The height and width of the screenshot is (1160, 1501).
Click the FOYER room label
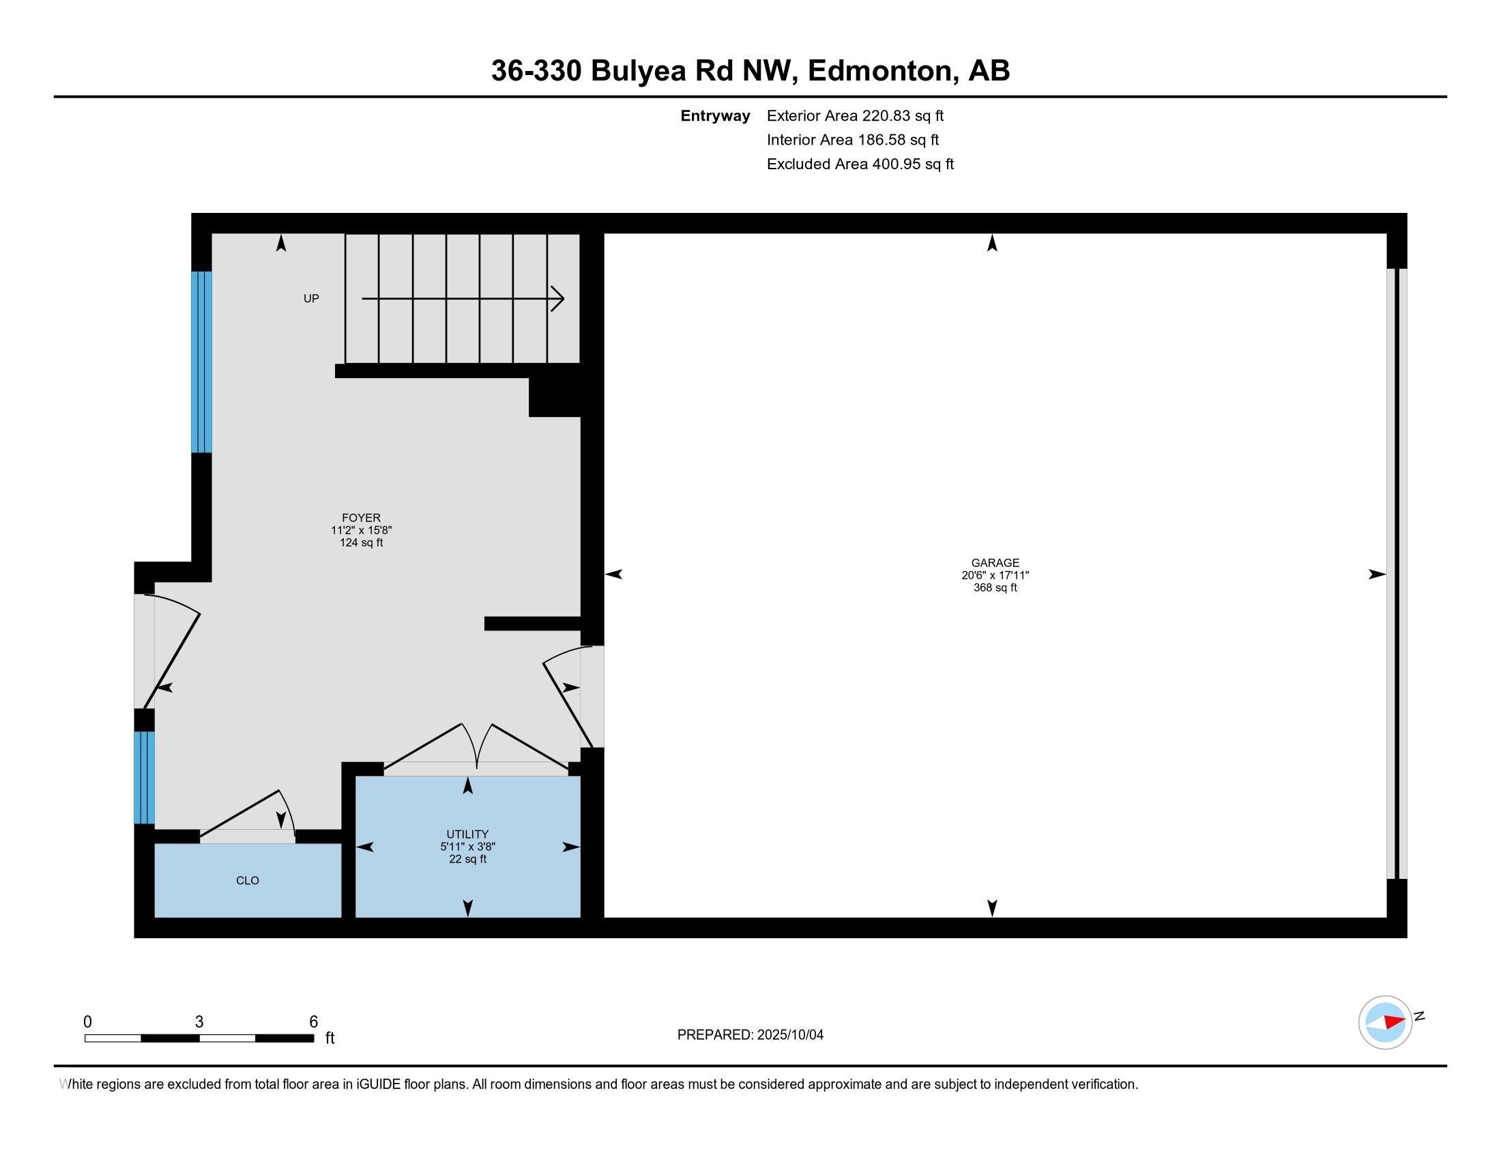(x=362, y=517)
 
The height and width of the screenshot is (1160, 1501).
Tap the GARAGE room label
(x=995, y=563)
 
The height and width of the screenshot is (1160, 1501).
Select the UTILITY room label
(x=467, y=835)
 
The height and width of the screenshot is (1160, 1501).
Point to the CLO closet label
(x=248, y=880)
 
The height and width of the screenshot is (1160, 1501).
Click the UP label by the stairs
(x=311, y=298)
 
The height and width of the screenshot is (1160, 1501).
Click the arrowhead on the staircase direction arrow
(x=558, y=299)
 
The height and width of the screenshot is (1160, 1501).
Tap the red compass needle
(x=1394, y=1021)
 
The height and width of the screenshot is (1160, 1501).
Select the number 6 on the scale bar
(x=313, y=1022)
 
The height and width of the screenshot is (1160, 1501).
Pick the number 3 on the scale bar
(x=199, y=1022)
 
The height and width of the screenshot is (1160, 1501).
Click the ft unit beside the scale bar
(x=330, y=1038)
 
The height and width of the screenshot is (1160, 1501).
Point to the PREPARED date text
(x=750, y=1035)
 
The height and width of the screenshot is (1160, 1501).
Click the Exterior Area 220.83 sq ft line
(x=855, y=115)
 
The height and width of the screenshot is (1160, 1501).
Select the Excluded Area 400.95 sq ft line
(x=860, y=164)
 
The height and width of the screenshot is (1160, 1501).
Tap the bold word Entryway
(x=715, y=116)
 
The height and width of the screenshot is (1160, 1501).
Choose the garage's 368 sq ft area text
(x=995, y=588)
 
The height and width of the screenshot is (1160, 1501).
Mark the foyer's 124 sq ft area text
(x=362, y=543)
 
